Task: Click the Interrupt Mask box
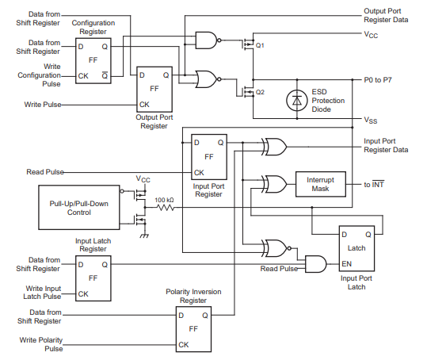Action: (x=321, y=184)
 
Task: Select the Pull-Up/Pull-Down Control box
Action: (x=79, y=208)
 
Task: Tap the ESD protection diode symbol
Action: (x=297, y=100)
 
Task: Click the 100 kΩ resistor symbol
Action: (x=166, y=208)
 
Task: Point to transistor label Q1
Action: (x=260, y=45)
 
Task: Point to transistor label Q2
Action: (x=260, y=92)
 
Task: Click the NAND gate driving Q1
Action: (x=208, y=40)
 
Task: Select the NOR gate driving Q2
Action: (x=208, y=79)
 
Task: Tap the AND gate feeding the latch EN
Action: (x=316, y=264)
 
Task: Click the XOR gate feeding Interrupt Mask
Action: (x=274, y=184)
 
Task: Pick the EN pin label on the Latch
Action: (x=347, y=264)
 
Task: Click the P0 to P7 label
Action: (x=378, y=80)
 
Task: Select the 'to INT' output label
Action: (x=374, y=184)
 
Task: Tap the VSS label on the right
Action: (x=371, y=120)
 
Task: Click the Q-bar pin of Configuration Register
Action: (x=105, y=75)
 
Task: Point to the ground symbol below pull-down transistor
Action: (x=144, y=236)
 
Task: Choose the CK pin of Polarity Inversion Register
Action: (x=184, y=345)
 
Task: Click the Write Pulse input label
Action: (x=43, y=105)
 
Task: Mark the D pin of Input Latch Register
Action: (x=81, y=265)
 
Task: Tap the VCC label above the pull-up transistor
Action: (x=143, y=179)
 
